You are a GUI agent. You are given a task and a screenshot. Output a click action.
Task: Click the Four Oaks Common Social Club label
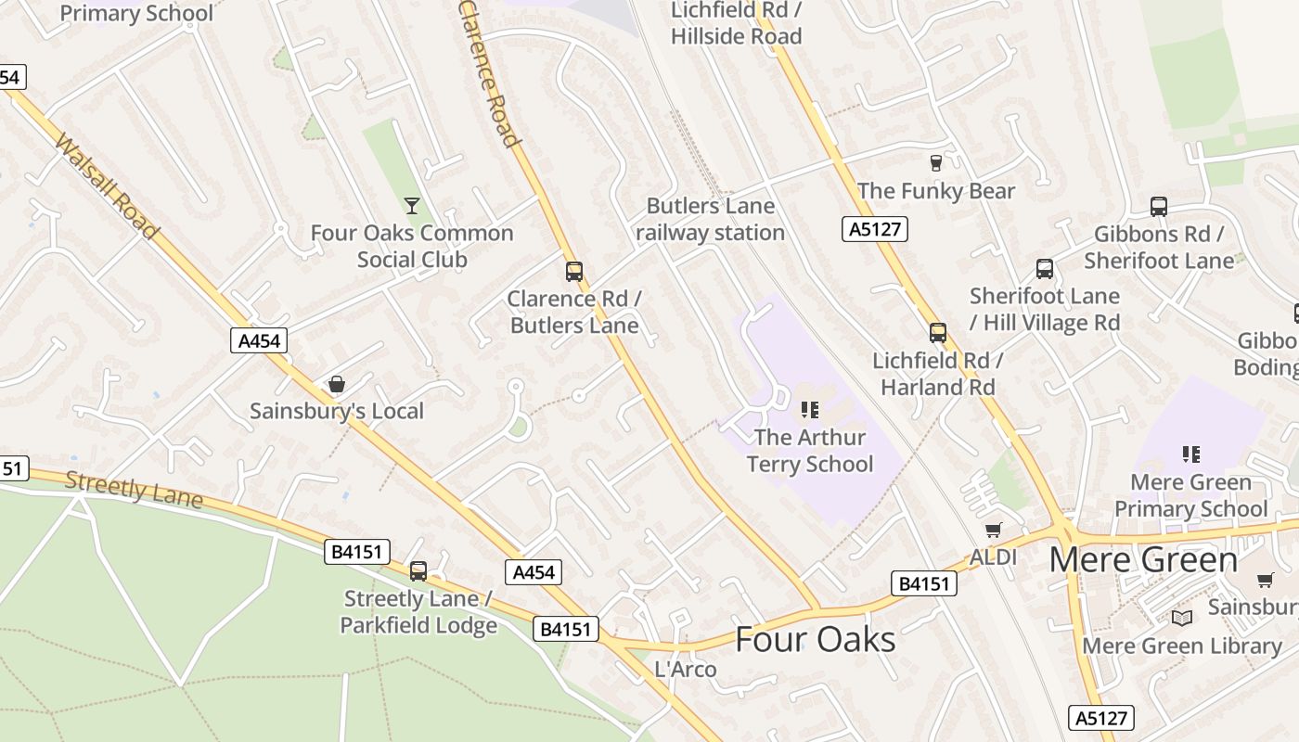412,246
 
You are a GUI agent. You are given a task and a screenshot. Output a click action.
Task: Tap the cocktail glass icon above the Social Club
412,205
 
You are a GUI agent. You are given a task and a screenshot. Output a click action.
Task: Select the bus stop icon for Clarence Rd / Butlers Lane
574,271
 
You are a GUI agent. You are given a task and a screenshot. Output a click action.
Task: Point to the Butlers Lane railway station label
711,219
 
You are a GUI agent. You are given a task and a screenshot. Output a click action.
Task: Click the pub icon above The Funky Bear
935,162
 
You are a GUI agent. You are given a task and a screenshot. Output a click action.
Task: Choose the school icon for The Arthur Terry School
810,409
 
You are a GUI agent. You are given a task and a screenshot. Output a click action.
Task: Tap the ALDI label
993,557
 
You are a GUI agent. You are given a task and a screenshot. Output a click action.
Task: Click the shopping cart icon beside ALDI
994,531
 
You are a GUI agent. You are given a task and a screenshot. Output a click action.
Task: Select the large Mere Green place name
1143,560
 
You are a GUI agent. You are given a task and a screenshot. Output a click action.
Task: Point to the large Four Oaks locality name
816,639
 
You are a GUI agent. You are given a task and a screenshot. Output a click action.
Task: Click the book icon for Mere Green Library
1182,618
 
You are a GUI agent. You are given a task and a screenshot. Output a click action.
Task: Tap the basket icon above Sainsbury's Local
337,384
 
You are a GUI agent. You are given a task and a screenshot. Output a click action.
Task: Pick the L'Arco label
686,669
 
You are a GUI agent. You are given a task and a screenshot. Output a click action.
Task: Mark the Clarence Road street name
488,73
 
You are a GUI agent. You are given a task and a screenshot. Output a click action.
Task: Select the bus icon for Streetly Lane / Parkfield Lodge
418,570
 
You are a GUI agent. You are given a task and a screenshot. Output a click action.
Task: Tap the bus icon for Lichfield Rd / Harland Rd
938,332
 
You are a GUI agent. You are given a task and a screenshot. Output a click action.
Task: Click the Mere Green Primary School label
1190,495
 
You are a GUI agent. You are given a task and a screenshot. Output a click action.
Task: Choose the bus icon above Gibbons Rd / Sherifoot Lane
1158,206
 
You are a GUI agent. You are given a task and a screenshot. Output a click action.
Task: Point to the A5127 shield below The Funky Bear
874,229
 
